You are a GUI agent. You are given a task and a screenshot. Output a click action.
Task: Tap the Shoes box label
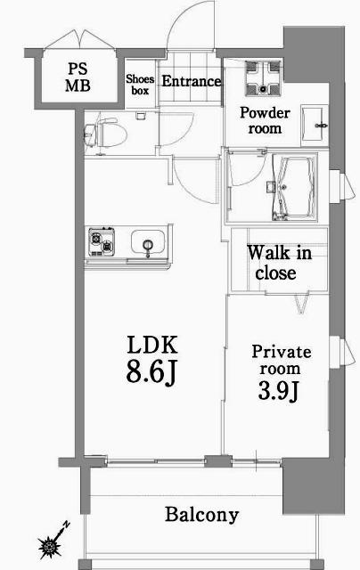point(141,84)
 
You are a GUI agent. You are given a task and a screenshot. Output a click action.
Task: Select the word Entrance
point(191,82)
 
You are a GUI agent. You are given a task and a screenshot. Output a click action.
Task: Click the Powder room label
point(263,120)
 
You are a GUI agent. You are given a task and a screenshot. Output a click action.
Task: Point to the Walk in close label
point(279,263)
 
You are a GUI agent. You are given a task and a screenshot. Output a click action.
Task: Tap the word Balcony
point(202,514)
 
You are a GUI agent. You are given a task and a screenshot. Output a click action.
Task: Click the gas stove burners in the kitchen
point(102,241)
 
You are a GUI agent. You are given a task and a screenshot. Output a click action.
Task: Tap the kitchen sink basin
point(144,241)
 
